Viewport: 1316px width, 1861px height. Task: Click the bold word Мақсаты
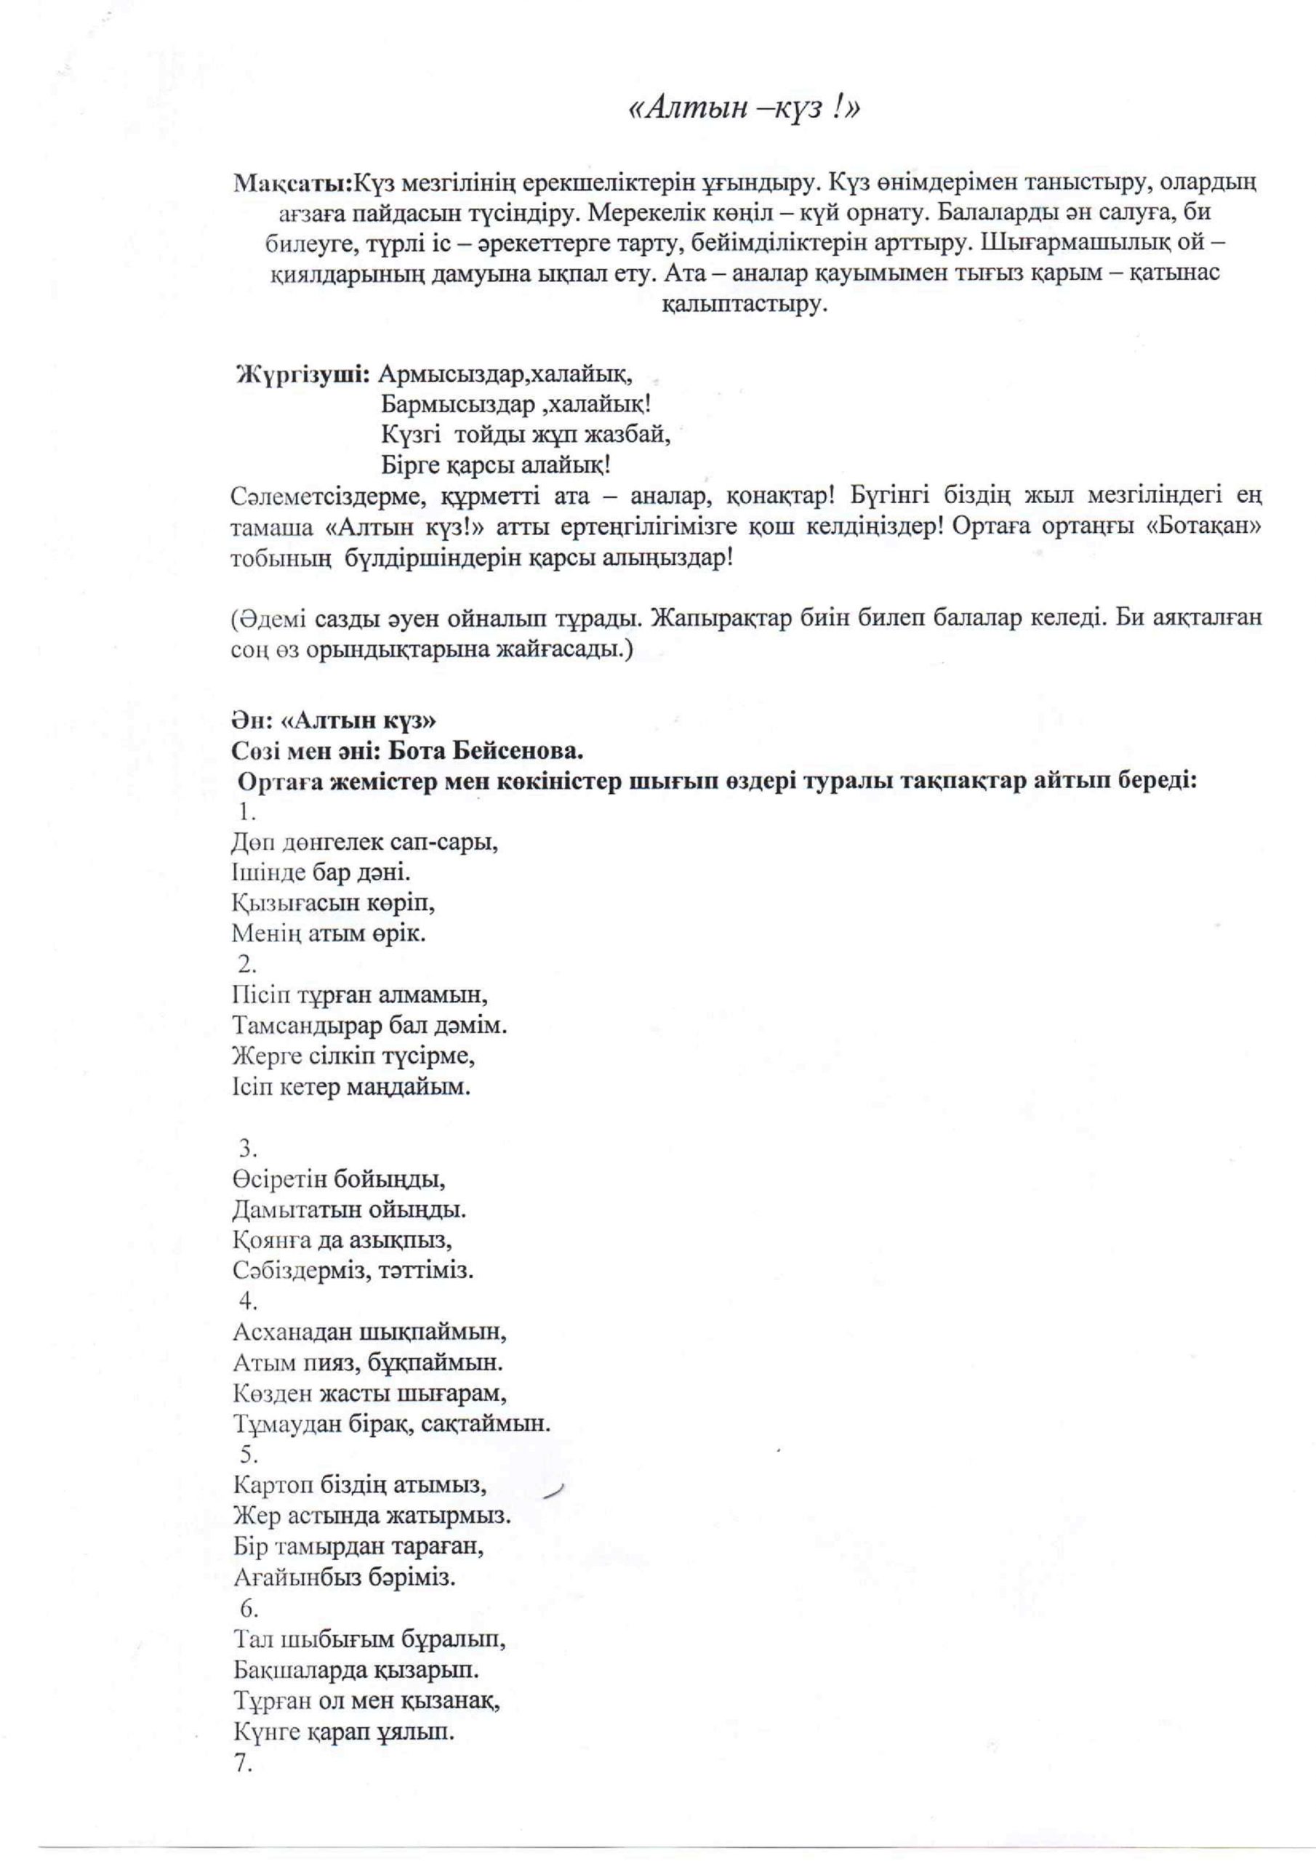click(291, 183)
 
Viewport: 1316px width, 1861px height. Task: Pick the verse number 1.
click(247, 812)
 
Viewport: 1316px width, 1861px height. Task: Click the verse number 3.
click(247, 1149)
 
